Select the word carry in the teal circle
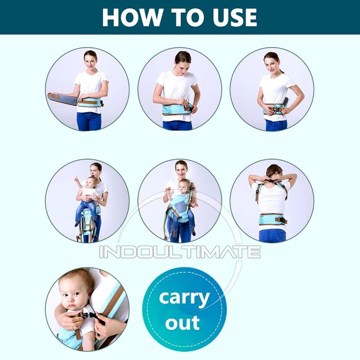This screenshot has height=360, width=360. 184,298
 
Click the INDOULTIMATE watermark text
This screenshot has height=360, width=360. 180,252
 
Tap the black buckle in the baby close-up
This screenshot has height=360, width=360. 87,316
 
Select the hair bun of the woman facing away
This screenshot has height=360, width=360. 272,170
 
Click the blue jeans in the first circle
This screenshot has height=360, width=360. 89,120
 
